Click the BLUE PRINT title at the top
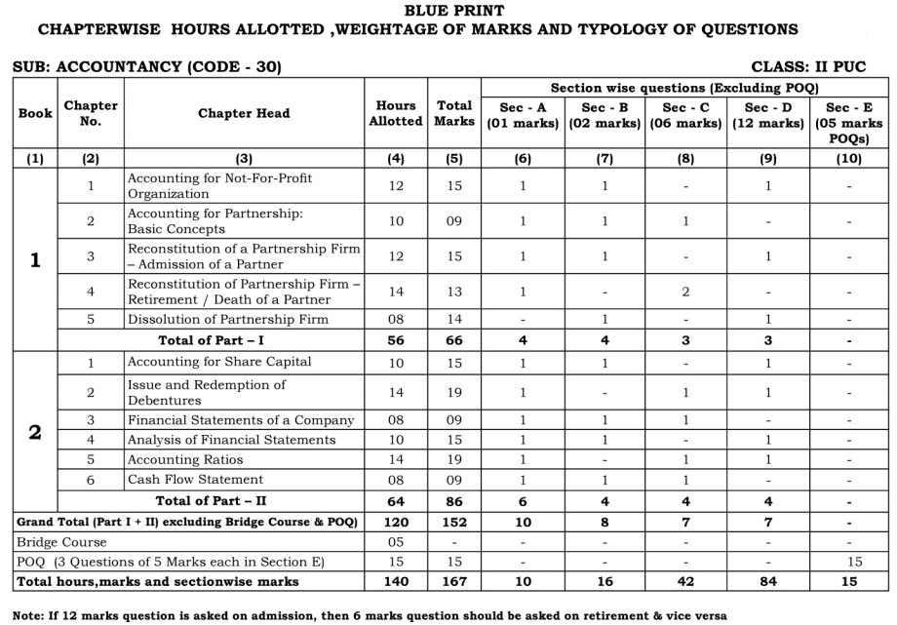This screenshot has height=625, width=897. tap(448, 10)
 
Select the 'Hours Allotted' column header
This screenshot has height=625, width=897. tap(395, 113)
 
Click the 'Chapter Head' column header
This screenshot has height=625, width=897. tap(244, 113)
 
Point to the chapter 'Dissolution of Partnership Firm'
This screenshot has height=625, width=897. tap(227, 320)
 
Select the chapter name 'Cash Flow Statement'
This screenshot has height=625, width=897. tap(195, 480)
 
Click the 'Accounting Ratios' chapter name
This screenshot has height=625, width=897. tap(186, 459)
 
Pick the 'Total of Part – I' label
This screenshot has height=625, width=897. tap(208, 340)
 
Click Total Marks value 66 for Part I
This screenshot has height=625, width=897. tap(454, 340)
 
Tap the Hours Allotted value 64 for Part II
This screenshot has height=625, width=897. tap(395, 500)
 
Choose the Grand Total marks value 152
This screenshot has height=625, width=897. tap(454, 521)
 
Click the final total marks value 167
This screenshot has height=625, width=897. tap(454, 581)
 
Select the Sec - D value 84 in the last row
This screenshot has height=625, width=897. tap(768, 581)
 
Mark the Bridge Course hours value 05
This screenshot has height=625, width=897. tap(395, 540)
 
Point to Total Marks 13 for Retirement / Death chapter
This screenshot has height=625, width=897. tap(454, 292)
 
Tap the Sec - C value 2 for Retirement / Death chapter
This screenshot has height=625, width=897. tap(685, 292)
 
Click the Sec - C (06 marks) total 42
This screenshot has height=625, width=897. tap(685, 581)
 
